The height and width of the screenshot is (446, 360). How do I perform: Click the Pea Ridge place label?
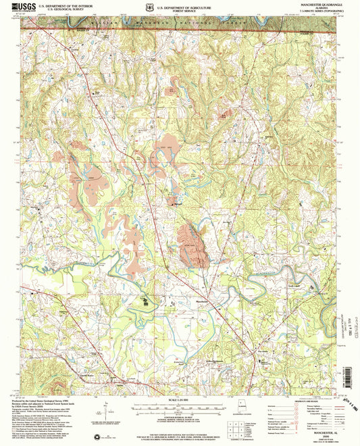click(x=263, y=351)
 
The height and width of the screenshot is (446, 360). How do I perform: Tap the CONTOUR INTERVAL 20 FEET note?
click(x=179, y=419)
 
